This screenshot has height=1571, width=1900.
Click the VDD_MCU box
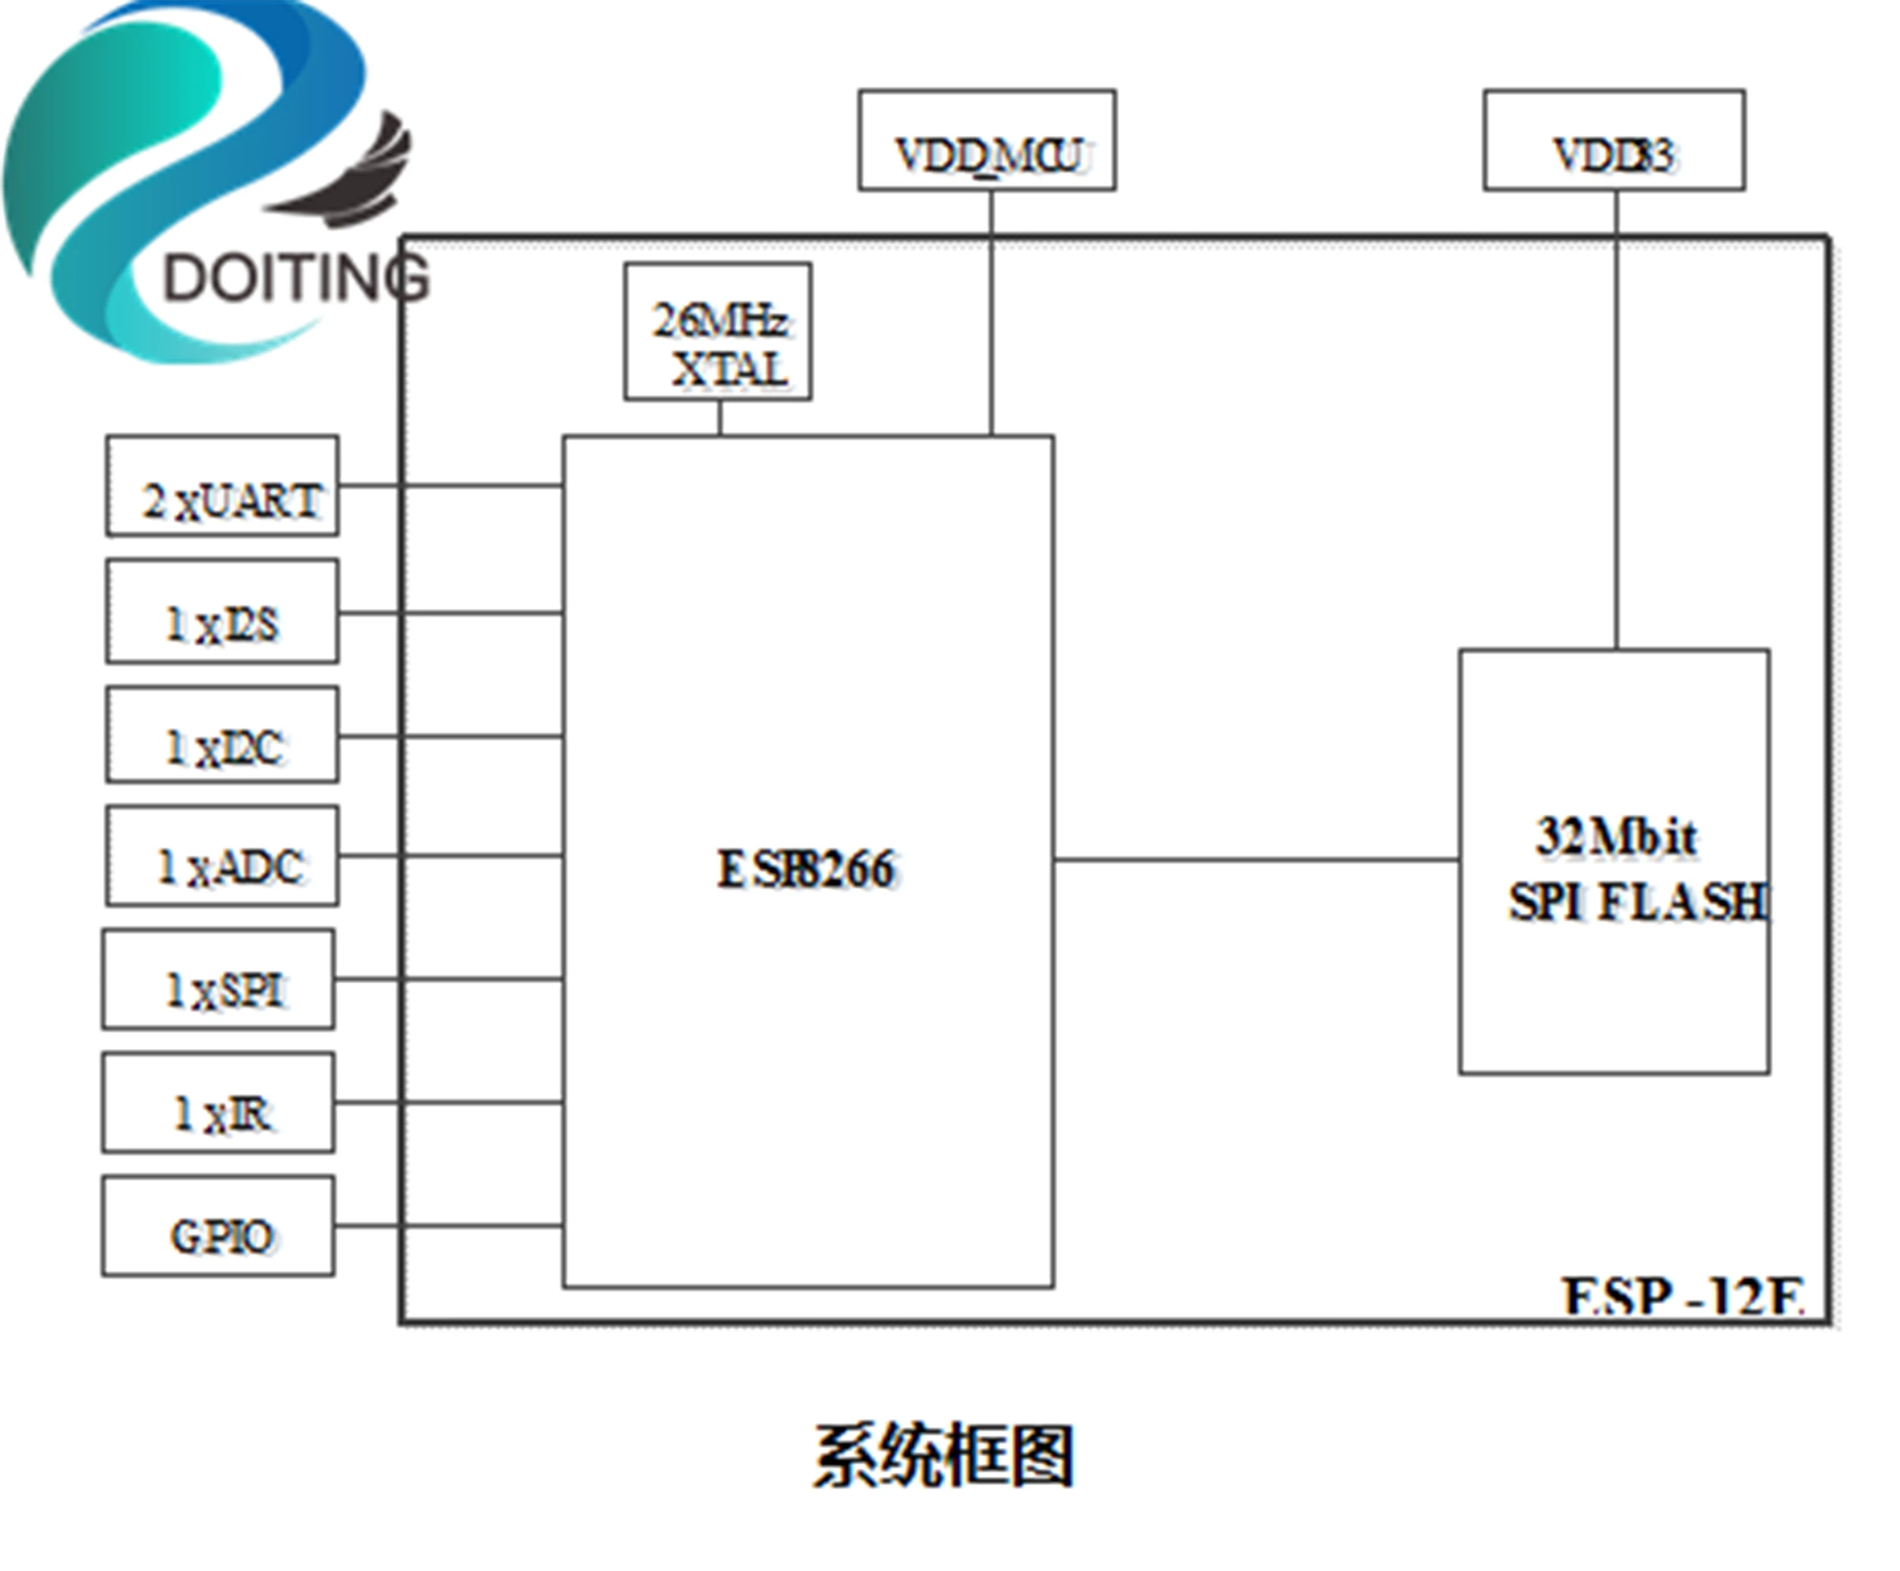(x=986, y=141)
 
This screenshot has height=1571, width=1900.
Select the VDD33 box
(x=1614, y=141)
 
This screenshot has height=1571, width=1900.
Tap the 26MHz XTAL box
(x=717, y=331)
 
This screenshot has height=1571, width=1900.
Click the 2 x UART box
(x=223, y=486)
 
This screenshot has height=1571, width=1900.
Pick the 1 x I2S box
(x=223, y=612)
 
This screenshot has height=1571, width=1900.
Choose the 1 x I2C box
(x=223, y=735)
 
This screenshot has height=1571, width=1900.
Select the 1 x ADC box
(x=223, y=856)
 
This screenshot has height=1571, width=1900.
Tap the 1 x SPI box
(x=218, y=979)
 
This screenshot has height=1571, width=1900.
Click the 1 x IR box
(x=218, y=1102)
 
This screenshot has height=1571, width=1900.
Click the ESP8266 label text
(x=806, y=869)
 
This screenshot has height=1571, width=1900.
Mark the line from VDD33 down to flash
(x=1617, y=426)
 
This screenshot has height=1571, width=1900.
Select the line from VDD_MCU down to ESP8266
(x=992, y=317)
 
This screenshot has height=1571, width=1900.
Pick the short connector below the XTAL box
(x=720, y=418)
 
